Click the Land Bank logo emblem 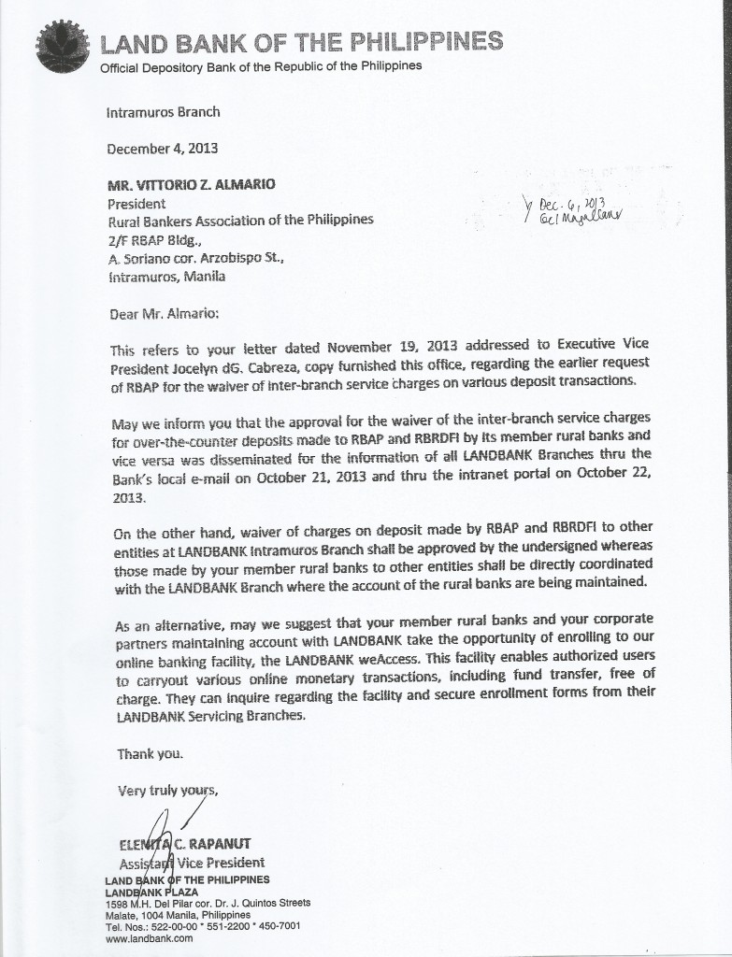pyautogui.click(x=63, y=46)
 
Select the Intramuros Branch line pyautogui.click(x=164, y=112)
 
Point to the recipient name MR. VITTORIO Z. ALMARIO pyautogui.click(x=192, y=184)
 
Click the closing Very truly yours pyautogui.click(x=167, y=790)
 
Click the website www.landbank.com pyautogui.click(x=149, y=938)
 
